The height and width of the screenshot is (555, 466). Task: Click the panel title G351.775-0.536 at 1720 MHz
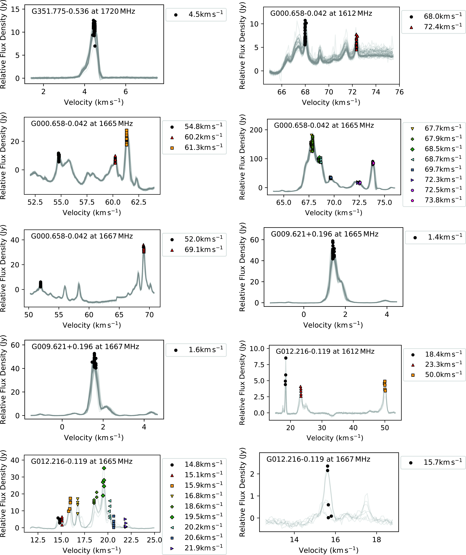point(83,11)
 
